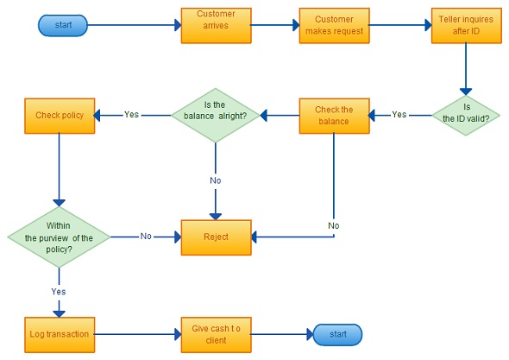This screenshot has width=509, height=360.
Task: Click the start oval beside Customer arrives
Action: point(63,25)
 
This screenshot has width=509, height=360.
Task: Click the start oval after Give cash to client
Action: point(337,335)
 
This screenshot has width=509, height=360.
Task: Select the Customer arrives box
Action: point(217,26)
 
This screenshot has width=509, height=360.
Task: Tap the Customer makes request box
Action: point(335,26)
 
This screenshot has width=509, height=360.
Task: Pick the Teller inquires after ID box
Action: point(467,26)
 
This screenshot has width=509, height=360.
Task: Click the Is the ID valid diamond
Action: point(466,116)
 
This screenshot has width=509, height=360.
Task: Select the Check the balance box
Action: point(335,116)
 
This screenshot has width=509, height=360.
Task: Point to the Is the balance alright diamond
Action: point(216,116)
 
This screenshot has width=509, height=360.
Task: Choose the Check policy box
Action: point(60,116)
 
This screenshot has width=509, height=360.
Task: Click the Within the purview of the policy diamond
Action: point(59,237)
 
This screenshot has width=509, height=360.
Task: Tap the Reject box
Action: point(217,237)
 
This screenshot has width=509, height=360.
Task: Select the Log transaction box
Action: point(60,335)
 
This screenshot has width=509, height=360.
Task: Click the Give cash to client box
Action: point(217,335)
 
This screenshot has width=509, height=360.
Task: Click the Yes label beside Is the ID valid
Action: point(399,115)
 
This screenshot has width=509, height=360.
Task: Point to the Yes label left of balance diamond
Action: point(131,115)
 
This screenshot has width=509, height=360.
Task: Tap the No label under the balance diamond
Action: point(216,180)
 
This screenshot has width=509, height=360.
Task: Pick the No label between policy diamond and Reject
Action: point(146,237)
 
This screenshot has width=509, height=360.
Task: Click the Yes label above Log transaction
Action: point(59,292)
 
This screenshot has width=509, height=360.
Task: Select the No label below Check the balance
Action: point(334,226)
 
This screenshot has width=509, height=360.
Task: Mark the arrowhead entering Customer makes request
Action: point(296,25)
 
